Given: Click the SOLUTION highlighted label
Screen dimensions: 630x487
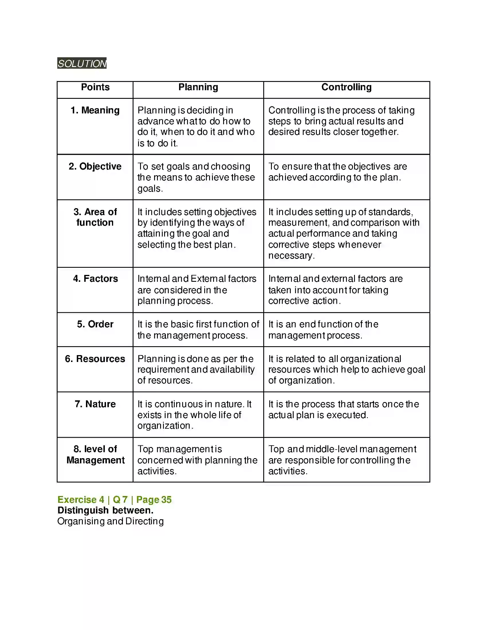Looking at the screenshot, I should pyautogui.click(x=82, y=63).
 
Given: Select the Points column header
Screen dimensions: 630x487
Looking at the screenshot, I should pyautogui.click(x=95, y=87).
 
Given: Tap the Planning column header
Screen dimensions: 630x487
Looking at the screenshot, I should pyautogui.click(x=198, y=87).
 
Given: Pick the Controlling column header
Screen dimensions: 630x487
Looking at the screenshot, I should pyautogui.click(x=346, y=87).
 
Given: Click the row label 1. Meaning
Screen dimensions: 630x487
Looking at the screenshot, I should pyautogui.click(x=95, y=110).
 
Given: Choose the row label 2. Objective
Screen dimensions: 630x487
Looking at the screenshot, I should pyautogui.click(x=95, y=166).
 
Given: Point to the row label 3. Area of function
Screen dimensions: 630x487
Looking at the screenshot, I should pyautogui.click(x=95, y=217).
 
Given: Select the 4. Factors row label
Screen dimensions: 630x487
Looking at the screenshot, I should pyautogui.click(x=95, y=279).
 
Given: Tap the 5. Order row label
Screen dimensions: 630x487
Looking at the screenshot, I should pyautogui.click(x=95, y=324).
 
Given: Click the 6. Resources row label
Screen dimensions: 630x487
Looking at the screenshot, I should pyautogui.click(x=95, y=359).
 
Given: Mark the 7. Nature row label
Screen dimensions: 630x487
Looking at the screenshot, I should pyautogui.click(x=95, y=404).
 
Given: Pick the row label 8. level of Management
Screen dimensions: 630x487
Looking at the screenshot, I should pyautogui.click(x=95, y=455).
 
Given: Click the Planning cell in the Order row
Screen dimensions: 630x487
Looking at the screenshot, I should pyautogui.click(x=198, y=330).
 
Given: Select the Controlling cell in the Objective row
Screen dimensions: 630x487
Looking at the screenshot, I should pyautogui.click(x=337, y=172).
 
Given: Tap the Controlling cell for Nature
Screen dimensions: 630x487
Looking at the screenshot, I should pyautogui.click(x=343, y=409).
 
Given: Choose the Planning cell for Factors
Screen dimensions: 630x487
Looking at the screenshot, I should pyautogui.click(x=197, y=290).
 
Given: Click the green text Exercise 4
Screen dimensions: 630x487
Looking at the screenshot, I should pyautogui.click(x=81, y=500).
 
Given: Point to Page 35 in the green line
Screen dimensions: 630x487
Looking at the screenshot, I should pyautogui.click(x=154, y=500).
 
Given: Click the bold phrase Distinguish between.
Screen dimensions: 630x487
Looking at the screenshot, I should pyautogui.click(x=105, y=510).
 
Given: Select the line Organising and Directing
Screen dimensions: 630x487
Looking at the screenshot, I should pyautogui.click(x=111, y=521).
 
